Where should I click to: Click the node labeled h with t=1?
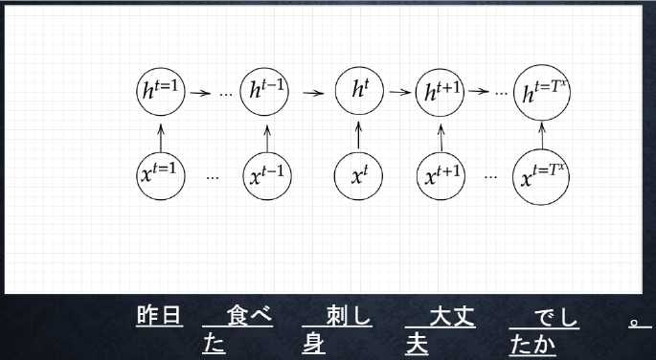click(x=159, y=92)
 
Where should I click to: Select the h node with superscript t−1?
click(x=264, y=92)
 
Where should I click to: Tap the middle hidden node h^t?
click(x=358, y=92)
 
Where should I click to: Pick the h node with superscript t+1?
click(x=441, y=92)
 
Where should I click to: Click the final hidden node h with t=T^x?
click(x=542, y=93)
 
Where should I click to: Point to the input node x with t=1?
click(x=159, y=175)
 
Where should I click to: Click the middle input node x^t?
click(x=358, y=175)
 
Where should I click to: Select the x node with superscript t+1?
click(x=441, y=175)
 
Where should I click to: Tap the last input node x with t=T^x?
click(x=542, y=177)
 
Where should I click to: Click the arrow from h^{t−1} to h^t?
click(x=312, y=93)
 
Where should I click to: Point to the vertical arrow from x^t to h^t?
click(x=358, y=134)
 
